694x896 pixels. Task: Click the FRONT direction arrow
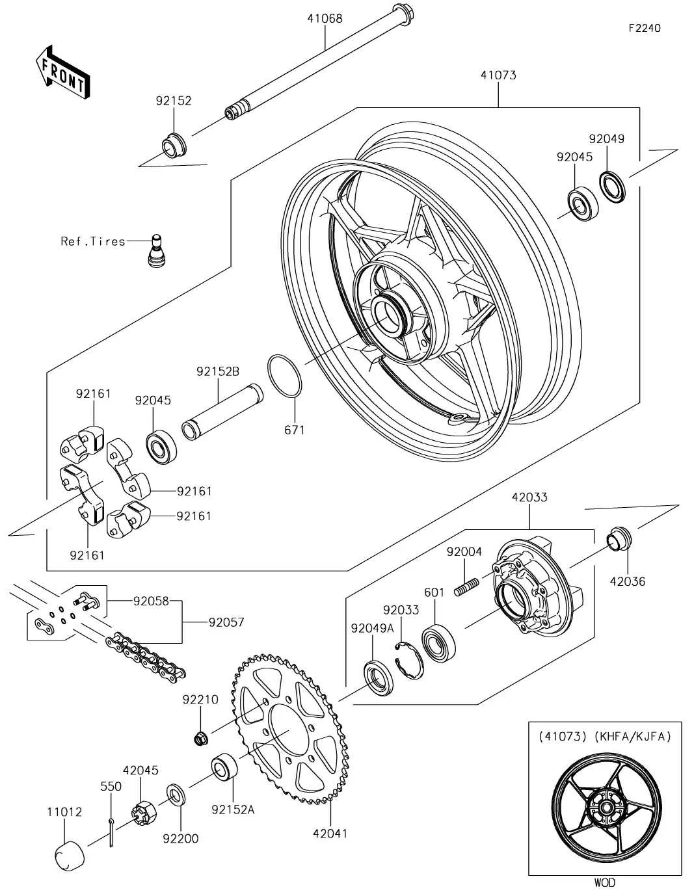pos(62,72)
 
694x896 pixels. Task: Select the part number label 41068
pos(325,18)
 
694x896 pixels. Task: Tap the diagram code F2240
pos(644,28)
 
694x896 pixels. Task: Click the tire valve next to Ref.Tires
pos(155,251)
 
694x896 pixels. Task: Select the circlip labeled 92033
pos(410,659)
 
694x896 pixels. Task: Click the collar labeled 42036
pos(618,539)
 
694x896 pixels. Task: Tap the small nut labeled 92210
pos(201,737)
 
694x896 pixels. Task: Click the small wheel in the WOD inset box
pos(605,808)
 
